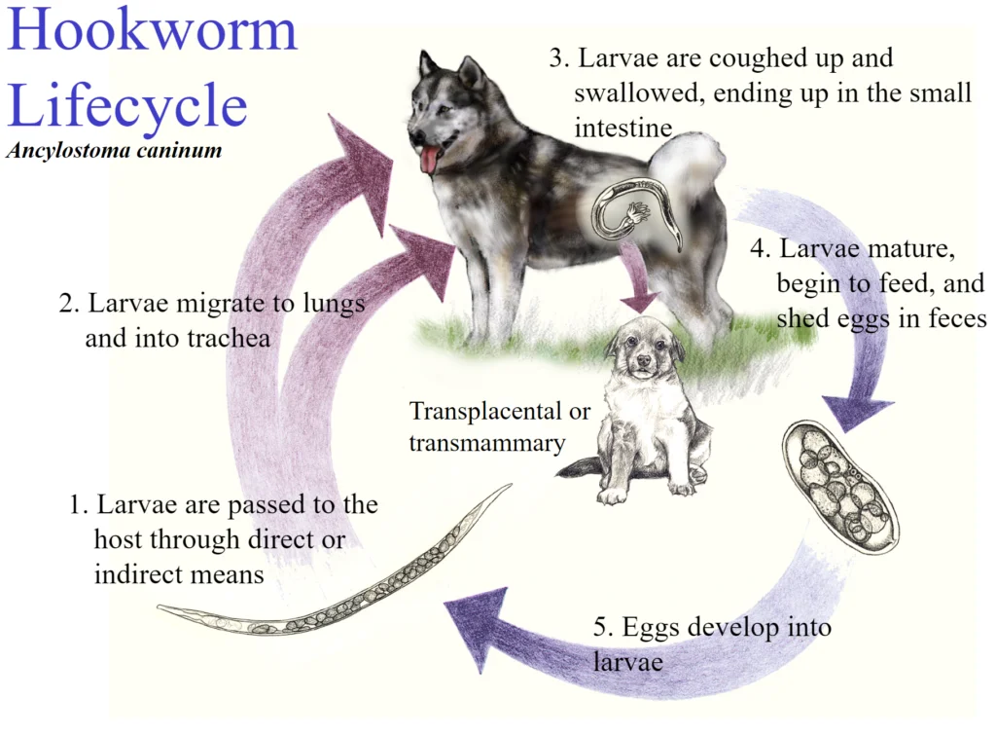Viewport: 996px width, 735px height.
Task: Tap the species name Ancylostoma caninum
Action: (x=115, y=150)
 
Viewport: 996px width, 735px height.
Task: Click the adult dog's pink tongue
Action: (x=430, y=159)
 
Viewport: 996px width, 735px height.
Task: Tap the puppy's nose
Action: (x=644, y=360)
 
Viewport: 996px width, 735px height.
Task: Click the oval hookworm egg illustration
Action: (x=839, y=487)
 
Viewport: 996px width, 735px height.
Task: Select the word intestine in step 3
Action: (x=623, y=129)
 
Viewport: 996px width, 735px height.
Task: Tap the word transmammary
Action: (x=486, y=443)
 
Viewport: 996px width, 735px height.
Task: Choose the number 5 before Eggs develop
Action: (x=601, y=627)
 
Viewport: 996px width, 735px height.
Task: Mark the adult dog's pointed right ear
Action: (x=471, y=71)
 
